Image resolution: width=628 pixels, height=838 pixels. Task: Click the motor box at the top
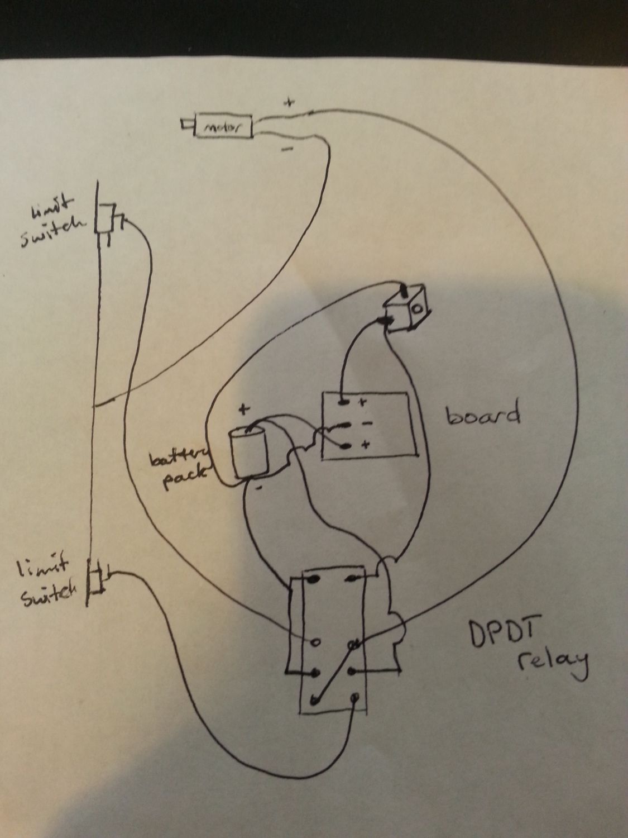tap(222, 128)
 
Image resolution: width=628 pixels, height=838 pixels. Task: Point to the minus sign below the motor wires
tap(287, 149)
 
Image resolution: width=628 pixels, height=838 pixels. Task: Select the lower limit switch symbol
tap(96, 580)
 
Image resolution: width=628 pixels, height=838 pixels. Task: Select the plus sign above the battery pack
tap(244, 408)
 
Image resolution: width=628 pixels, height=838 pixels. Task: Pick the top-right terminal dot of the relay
tap(352, 579)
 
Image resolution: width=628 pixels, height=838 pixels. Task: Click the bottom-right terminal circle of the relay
tap(354, 697)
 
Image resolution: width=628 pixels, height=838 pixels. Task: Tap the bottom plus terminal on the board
tap(345, 446)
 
